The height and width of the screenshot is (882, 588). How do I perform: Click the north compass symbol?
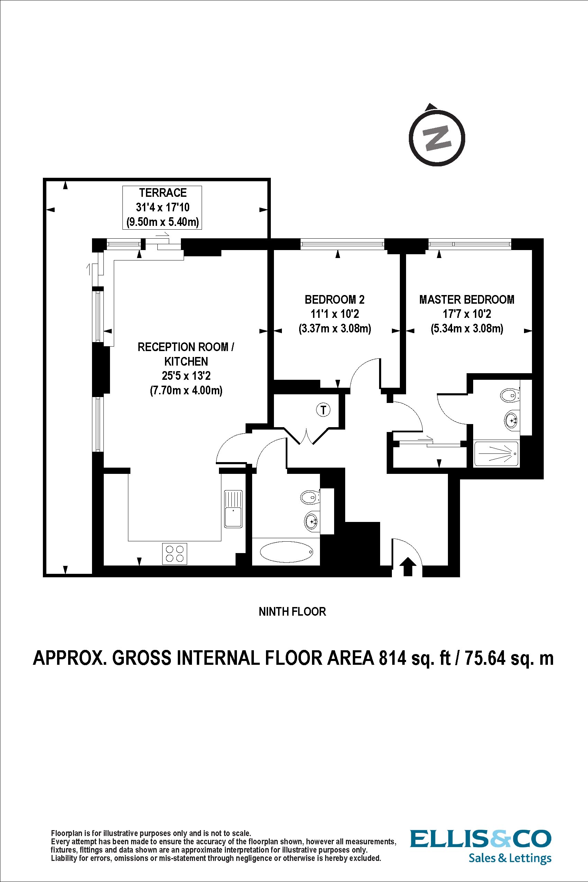coord(437,138)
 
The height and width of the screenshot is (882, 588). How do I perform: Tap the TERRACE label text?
coord(163,193)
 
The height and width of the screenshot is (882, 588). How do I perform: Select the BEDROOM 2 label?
coord(334,299)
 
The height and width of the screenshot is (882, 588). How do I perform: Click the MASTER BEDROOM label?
coord(467,299)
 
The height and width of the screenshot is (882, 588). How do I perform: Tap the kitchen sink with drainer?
coord(233,509)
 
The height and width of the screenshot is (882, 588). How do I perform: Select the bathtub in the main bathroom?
coord(286,553)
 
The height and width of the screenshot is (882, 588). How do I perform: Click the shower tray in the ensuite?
coord(496,454)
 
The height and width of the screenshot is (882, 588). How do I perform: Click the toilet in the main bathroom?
coord(309,498)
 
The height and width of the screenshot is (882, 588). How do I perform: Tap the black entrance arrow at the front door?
coord(408,566)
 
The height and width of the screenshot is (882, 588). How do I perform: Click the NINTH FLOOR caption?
coord(292,612)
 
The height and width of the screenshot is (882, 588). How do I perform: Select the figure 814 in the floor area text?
coord(392,659)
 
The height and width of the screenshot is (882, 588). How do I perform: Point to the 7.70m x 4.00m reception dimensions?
coord(186,391)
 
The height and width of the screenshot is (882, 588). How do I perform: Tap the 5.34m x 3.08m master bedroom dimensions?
coord(467,329)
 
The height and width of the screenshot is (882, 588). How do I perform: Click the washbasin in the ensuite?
coord(511,420)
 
